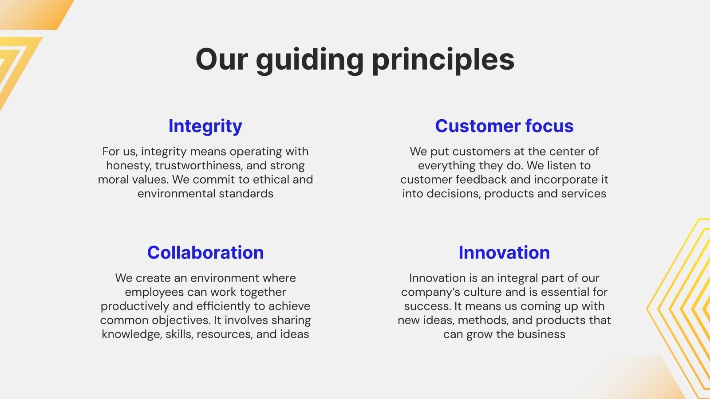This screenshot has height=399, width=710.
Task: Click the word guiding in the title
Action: pos(310,60)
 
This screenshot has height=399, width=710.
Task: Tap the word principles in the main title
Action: pos(443,60)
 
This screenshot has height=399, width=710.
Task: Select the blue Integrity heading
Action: pos(205,126)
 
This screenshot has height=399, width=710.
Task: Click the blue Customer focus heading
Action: pos(504,126)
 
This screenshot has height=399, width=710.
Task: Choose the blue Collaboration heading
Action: pos(205,252)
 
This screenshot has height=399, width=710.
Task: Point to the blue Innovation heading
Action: pos(504,252)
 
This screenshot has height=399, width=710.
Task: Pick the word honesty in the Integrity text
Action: pos(129,166)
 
